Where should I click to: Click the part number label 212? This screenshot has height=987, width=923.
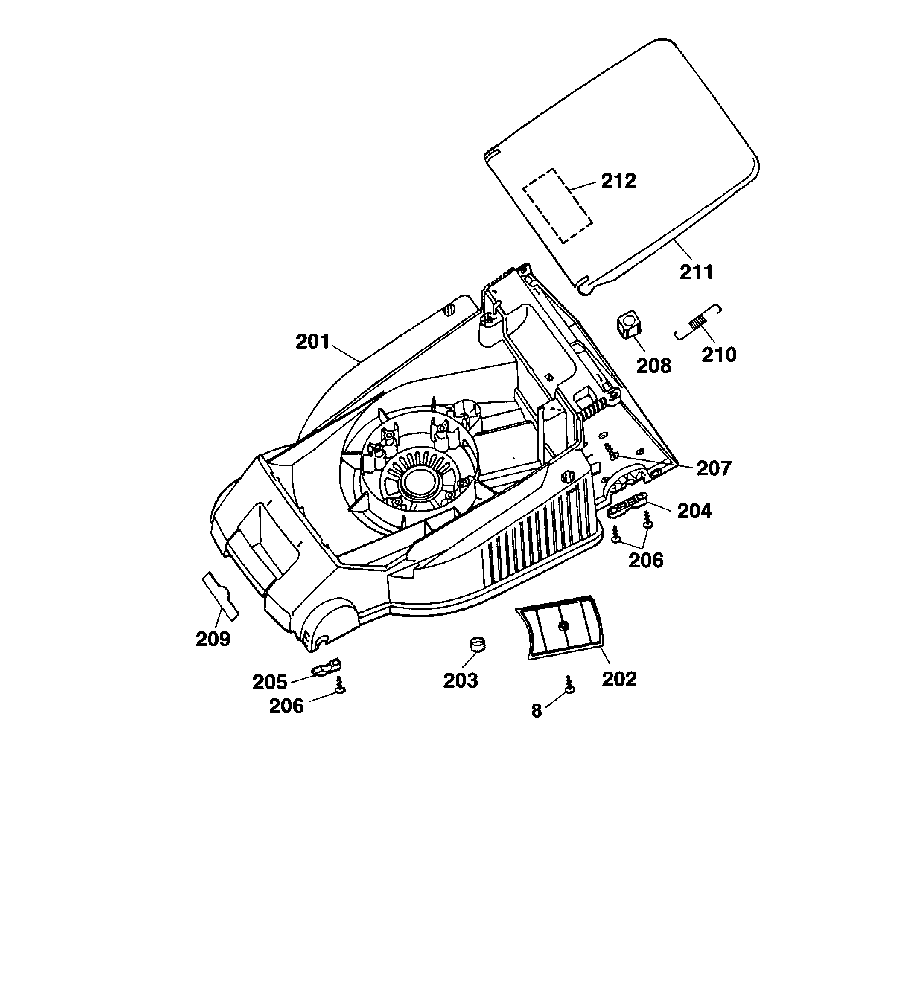click(618, 181)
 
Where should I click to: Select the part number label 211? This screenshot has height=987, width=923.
click(696, 272)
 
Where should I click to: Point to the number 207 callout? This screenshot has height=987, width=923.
click(714, 468)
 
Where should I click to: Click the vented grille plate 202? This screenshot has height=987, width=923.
click(561, 627)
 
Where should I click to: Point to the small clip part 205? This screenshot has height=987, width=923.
click(327, 668)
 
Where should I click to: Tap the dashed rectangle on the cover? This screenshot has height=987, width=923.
click(558, 205)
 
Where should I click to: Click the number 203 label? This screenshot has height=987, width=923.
click(461, 681)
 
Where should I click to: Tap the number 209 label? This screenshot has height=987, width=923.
click(213, 639)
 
